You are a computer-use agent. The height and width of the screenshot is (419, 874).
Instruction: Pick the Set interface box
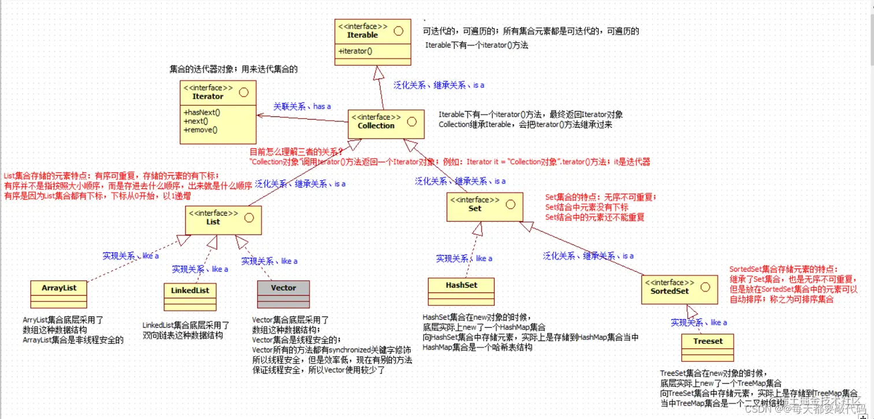(485, 207)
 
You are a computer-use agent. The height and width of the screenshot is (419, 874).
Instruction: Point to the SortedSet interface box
(679, 288)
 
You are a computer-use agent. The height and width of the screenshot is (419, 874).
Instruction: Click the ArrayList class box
(59, 294)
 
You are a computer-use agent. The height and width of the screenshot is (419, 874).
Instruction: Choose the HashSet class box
(461, 291)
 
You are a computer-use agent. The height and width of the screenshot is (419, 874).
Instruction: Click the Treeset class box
(708, 347)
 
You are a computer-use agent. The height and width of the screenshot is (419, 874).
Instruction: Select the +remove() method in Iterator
(201, 130)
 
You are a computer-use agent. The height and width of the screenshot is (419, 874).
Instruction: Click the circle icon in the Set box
(510, 204)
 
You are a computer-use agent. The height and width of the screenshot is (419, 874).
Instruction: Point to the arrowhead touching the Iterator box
(262, 116)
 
